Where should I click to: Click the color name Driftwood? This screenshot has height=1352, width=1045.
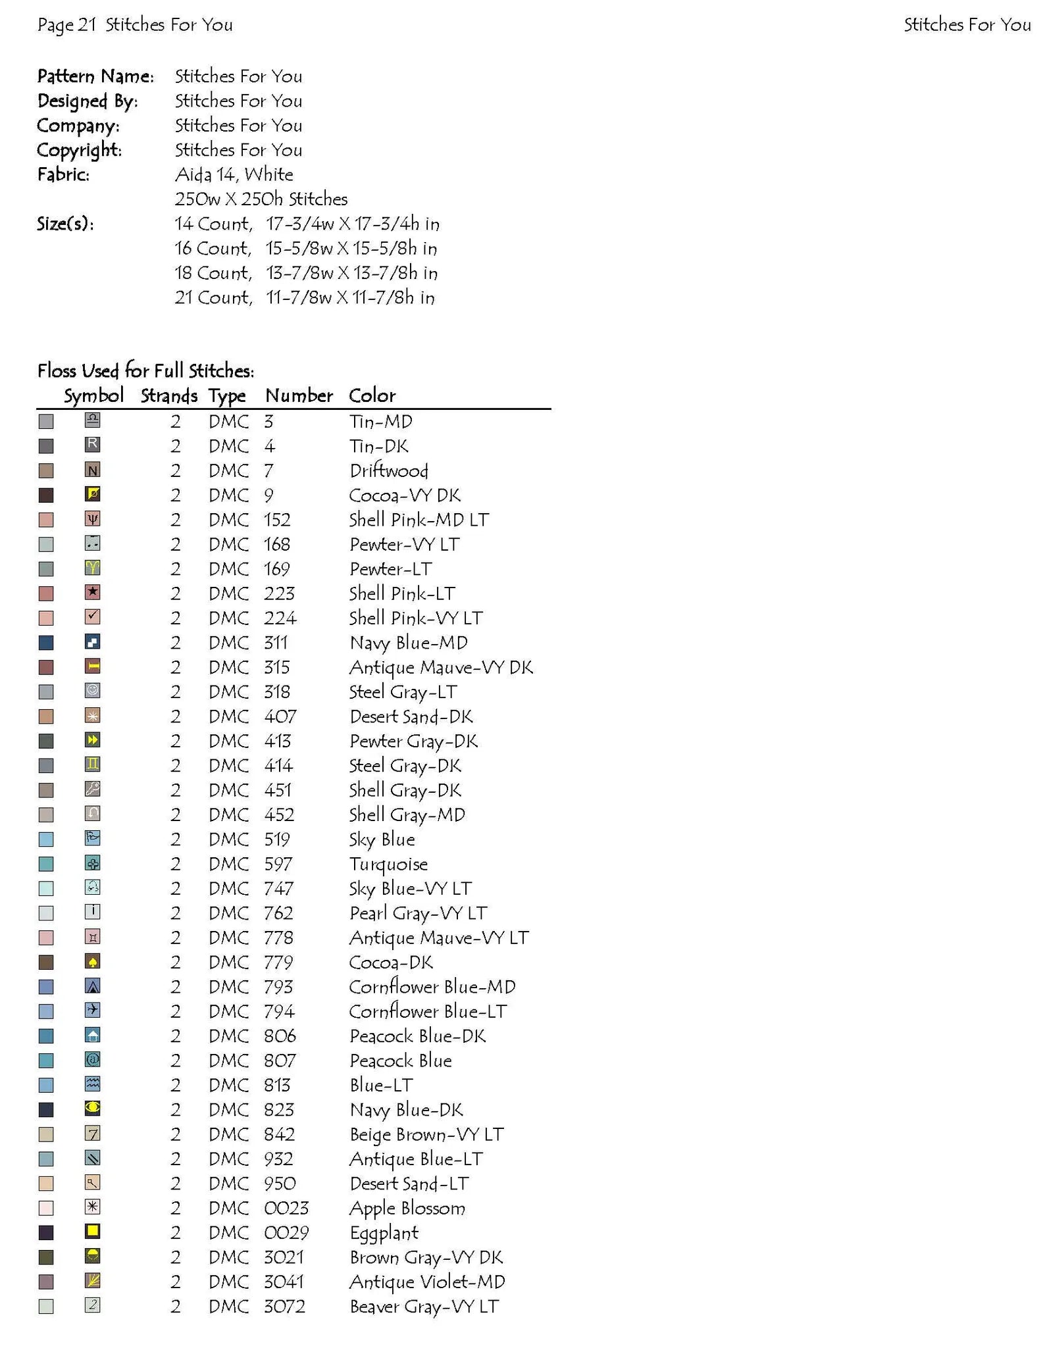pyautogui.click(x=388, y=470)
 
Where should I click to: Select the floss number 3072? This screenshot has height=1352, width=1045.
pyautogui.click(x=284, y=1306)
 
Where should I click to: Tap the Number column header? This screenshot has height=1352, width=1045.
pyautogui.click(x=299, y=395)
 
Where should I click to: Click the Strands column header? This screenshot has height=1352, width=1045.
pyautogui.click(x=168, y=395)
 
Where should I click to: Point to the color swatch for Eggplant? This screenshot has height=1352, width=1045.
pyautogui.click(x=46, y=1232)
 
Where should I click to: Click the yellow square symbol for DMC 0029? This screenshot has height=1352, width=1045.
pyautogui.click(x=93, y=1231)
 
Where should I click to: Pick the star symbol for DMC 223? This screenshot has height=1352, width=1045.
pyautogui.click(x=93, y=592)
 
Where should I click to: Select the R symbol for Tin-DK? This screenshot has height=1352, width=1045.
pyautogui.click(x=93, y=444)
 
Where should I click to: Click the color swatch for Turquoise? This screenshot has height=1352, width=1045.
pyautogui.click(x=46, y=864)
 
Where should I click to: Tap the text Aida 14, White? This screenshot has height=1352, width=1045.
pyautogui.click(x=234, y=174)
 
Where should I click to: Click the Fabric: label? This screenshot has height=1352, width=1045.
pyautogui.click(x=63, y=174)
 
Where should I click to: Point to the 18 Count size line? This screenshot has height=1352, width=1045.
pyautogui.click(x=305, y=273)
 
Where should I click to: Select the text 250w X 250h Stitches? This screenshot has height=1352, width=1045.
pyautogui.click(x=261, y=199)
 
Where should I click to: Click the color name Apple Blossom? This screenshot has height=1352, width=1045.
pyautogui.click(x=407, y=1208)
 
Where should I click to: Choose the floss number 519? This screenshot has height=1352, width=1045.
pyautogui.click(x=276, y=839)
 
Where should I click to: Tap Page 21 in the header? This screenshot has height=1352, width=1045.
pyautogui.click(x=67, y=25)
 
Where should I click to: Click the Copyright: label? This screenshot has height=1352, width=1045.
pyautogui.click(x=79, y=150)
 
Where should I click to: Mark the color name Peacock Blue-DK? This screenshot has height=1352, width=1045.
pyautogui.click(x=417, y=1036)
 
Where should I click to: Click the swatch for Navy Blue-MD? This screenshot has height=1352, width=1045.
pyautogui.click(x=46, y=643)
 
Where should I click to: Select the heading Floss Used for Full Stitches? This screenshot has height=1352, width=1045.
pyautogui.click(x=145, y=371)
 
